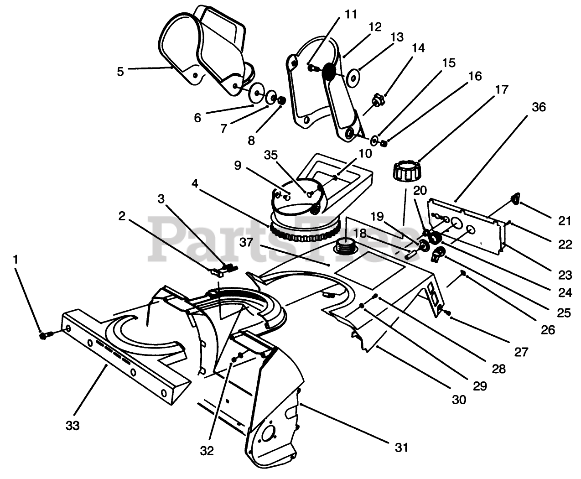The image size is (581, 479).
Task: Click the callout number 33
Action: pyautogui.click(x=73, y=426)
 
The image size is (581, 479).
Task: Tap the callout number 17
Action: pyautogui.click(x=502, y=89)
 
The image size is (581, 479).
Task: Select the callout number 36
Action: pyautogui.click(x=539, y=107)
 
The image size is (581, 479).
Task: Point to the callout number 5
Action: pyautogui.click(x=120, y=72)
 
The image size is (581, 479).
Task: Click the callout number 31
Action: pyautogui.click(x=401, y=448)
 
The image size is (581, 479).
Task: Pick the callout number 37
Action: pyautogui.click(x=246, y=242)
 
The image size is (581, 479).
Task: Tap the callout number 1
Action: pyautogui.click(x=16, y=260)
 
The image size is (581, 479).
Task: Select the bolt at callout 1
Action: pyautogui.click(x=46, y=335)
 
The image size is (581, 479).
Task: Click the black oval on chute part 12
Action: pyautogui.click(x=329, y=72)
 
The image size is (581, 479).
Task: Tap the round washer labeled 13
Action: pyautogui.click(x=353, y=78)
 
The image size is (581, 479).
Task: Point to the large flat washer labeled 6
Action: pyautogui.click(x=256, y=93)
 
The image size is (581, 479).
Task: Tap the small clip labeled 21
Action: pyautogui.click(x=515, y=198)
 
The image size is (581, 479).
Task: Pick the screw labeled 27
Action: pyautogui.click(x=447, y=312)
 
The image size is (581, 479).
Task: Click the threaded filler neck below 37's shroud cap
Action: pyautogui.click(x=346, y=246)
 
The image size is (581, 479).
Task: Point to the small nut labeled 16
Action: pyautogui.click(x=384, y=144)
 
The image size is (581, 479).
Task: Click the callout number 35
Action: pyautogui.click(x=271, y=155)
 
